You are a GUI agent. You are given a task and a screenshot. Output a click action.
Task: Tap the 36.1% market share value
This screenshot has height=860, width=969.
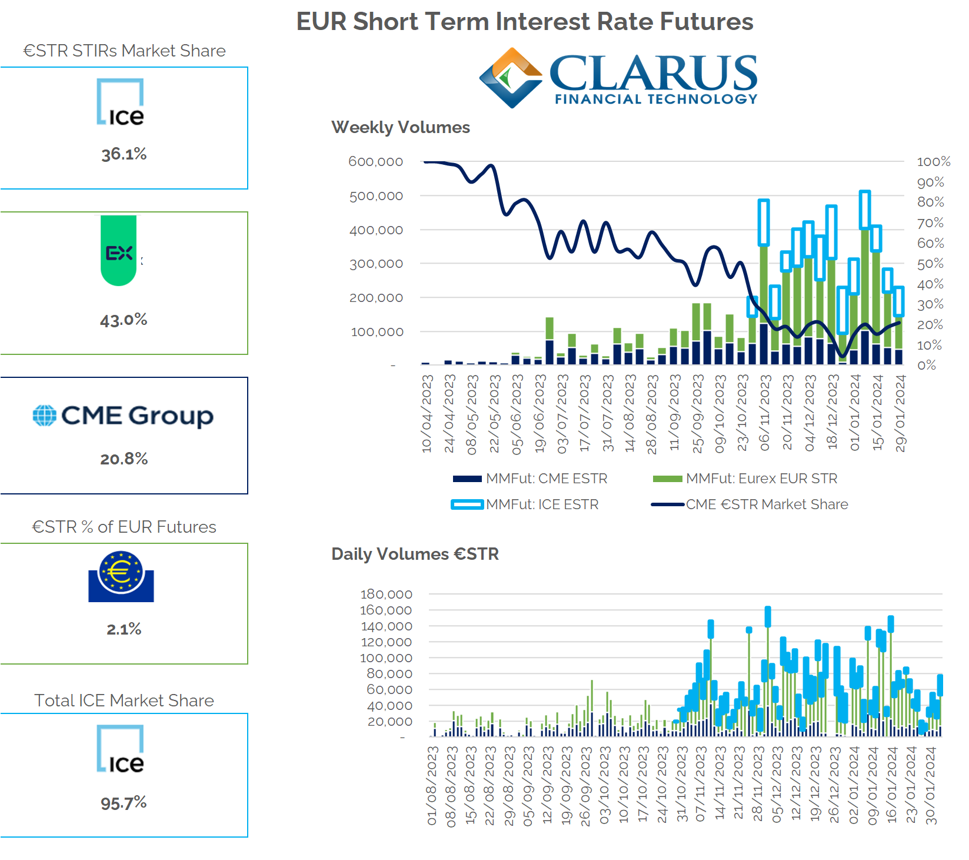[124, 154]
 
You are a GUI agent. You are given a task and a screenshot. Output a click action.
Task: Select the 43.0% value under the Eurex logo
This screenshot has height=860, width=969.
[124, 320]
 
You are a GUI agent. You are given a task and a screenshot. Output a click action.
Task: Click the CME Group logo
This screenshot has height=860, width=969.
[124, 416]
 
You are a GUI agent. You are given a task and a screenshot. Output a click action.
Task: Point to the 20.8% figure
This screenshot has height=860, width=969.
[124, 459]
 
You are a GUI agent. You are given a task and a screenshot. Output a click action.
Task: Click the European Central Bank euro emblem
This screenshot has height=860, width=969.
[121, 576]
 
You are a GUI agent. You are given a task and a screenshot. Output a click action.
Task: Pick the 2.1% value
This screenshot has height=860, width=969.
[124, 629]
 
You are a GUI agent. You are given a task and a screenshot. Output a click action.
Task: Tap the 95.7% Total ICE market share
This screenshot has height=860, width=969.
[124, 803]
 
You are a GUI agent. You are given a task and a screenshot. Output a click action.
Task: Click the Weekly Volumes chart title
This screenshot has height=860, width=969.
[400, 127]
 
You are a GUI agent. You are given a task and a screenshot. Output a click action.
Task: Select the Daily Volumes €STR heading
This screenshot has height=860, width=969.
[415, 554]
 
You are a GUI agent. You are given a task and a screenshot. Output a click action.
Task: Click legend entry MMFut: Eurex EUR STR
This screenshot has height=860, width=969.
[761, 479]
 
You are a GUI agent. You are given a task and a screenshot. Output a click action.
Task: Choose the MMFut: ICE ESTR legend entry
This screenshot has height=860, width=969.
[542, 504]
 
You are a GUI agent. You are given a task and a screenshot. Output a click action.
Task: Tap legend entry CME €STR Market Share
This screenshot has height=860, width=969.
[767, 504]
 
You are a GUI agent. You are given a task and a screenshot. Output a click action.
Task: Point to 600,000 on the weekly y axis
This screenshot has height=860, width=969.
[375, 161]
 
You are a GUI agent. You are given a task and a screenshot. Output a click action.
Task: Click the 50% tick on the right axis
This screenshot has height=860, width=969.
[930, 264]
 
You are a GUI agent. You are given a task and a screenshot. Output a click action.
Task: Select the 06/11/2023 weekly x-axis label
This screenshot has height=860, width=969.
[765, 413]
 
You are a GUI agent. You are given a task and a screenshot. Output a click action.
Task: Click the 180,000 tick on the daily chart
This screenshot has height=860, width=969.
[386, 594]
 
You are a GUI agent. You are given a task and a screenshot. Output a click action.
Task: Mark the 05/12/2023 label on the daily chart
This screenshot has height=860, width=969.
[777, 784]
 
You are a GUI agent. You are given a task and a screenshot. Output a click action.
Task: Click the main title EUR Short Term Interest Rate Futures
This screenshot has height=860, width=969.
[524, 22]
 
